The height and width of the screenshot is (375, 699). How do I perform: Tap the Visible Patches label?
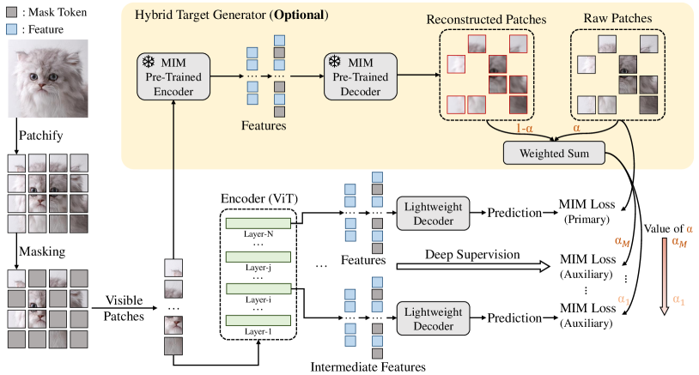point(125,308)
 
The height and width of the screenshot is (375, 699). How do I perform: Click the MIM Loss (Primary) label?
point(588,212)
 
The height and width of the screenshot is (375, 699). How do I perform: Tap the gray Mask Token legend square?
point(13,12)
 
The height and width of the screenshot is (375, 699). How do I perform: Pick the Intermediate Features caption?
point(369,367)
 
